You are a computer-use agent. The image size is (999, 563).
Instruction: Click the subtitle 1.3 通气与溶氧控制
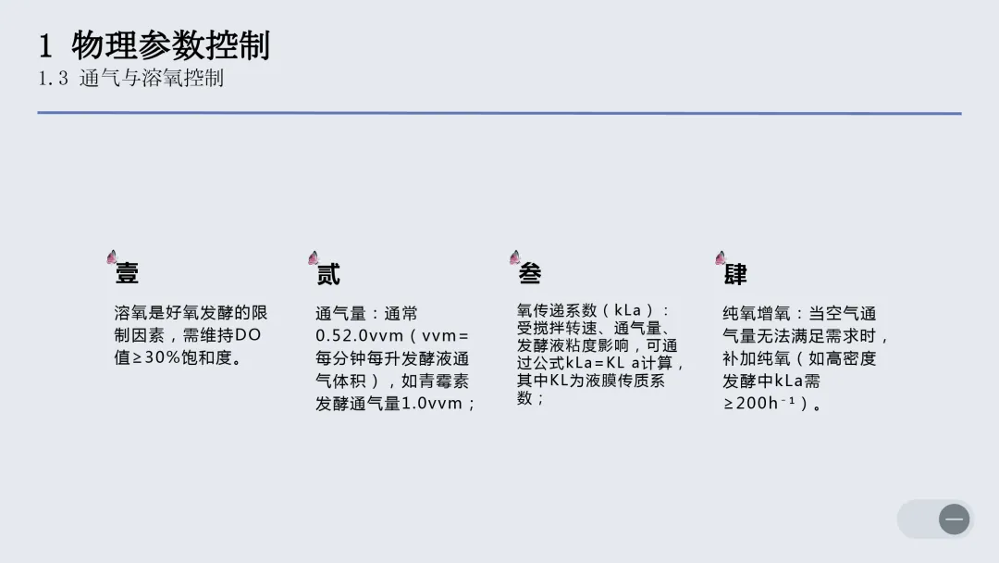click(130, 79)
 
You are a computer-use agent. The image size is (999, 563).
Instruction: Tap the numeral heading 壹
click(127, 273)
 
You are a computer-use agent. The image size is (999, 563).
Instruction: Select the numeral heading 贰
click(328, 274)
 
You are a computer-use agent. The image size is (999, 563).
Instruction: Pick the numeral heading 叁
click(530, 273)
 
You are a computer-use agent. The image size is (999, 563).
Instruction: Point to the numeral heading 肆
click(735, 274)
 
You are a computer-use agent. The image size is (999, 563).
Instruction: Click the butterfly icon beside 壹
click(112, 256)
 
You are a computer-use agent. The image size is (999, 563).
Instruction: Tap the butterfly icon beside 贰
click(314, 257)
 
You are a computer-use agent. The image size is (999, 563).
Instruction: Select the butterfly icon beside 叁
click(514, 256)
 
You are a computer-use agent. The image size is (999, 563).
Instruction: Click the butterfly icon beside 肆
click(721, 257)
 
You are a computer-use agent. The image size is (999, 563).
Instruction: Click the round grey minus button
click(954, 519)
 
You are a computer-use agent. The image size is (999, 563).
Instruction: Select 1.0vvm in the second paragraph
click(431, 404)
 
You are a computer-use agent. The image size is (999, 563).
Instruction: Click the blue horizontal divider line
click(499, 113)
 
